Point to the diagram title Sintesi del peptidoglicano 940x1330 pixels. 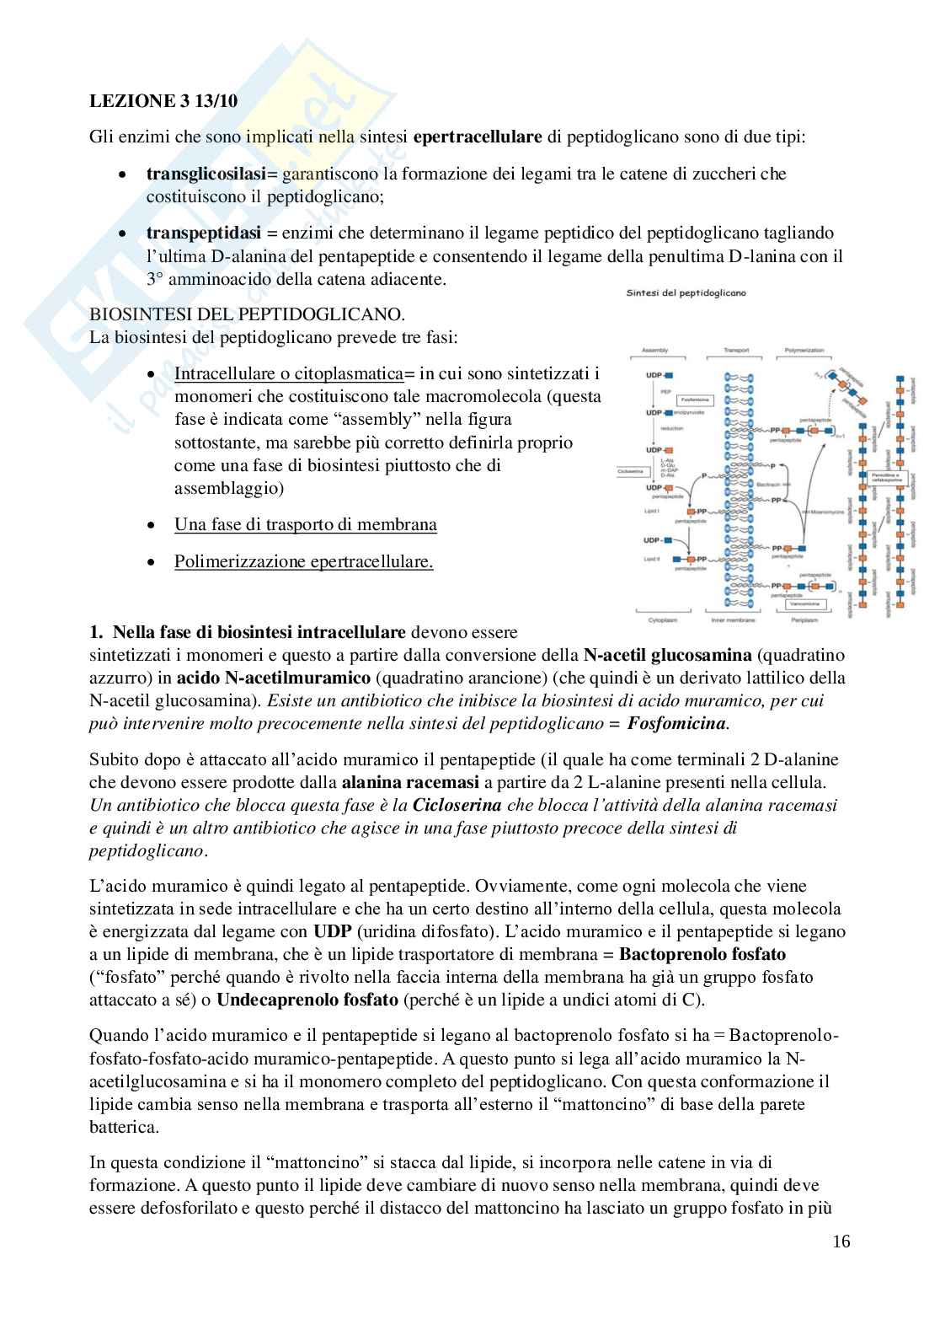(x=686, y=293)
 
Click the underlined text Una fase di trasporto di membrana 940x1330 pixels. (x=306, y=524)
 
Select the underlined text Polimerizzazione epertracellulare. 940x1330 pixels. (x=303, y=561)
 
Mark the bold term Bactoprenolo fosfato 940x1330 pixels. (x=702, y=955)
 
